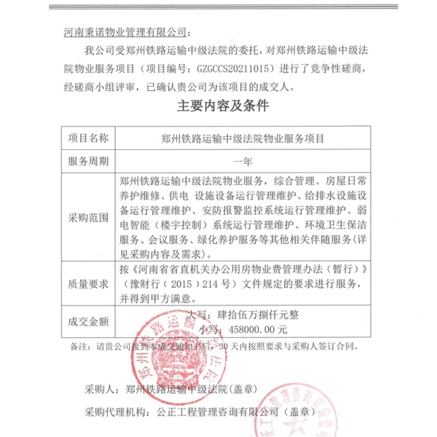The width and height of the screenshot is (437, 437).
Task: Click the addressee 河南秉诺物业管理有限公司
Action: click(x=125, y=33)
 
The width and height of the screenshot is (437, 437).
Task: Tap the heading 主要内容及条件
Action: click(x=224, y=106)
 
